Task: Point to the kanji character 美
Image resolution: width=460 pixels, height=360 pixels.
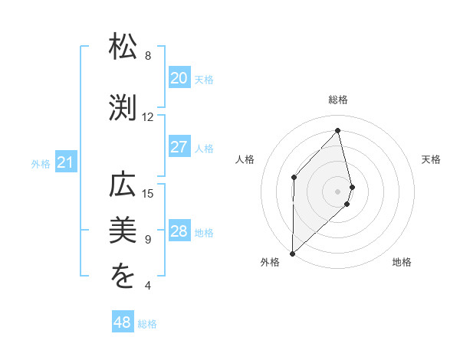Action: point(124,230)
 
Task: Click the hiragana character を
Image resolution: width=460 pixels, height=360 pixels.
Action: point(124,277)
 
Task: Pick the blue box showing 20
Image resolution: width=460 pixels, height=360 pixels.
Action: point(179,78)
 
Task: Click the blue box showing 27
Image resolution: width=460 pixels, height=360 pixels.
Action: point(179,147)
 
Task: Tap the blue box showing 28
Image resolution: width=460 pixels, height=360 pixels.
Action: point(179,232)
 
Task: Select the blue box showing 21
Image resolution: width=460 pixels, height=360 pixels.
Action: point(66,162)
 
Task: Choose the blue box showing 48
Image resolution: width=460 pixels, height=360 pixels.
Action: point(123,322)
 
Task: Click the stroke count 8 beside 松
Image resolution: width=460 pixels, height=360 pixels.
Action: point(148,56)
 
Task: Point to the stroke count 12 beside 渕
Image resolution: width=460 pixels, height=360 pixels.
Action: point(148,117)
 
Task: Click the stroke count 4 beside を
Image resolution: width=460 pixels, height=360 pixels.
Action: point(148,286)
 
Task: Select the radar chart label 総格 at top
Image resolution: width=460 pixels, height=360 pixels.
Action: point(338,100)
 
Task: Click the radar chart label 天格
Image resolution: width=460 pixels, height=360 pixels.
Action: point(432,159)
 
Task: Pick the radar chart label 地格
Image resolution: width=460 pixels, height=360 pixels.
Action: point(402,262)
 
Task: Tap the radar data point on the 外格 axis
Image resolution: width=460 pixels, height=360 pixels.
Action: point(292,253)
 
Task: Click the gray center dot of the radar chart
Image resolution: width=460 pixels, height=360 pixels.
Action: point(338,190)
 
